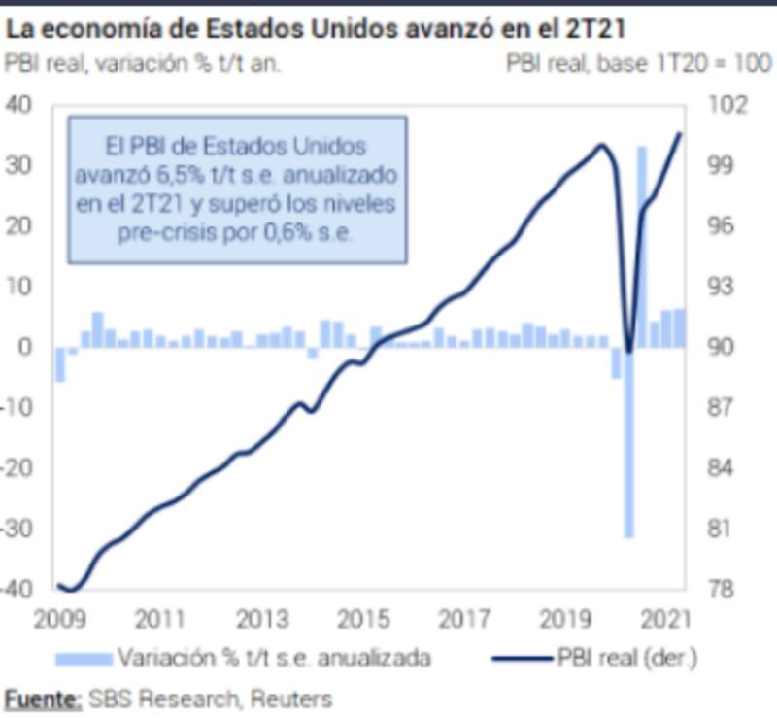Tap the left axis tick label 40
click(19, 104)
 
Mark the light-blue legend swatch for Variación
click(84, 658)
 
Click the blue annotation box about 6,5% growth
click(236, 190)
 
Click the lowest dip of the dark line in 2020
click(628, 352)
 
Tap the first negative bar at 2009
click(60, 364)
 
